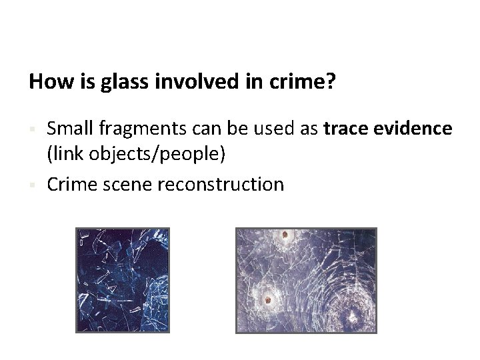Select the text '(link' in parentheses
tap(61, 155)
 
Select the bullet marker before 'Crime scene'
tap(31, 183)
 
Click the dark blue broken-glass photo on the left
tap(123, 279)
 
